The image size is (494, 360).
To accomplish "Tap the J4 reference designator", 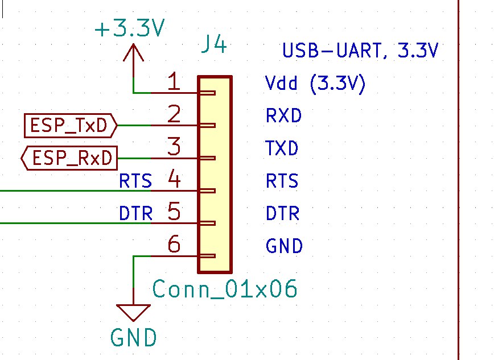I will (215, 45).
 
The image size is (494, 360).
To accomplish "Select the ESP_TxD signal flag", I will (70, 126).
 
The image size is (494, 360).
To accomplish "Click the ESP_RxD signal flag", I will (69, 158).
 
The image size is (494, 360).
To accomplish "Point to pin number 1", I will (174, 82).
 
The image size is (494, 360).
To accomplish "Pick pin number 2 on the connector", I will (174, 115).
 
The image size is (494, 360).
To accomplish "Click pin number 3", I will (174, 147).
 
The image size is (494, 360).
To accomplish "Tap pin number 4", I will (174, 180).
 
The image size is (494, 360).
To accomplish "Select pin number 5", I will (174, 213).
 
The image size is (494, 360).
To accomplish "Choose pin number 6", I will (174, 245).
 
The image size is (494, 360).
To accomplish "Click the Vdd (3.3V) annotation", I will (315, 84).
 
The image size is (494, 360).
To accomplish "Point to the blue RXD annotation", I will (283, 117).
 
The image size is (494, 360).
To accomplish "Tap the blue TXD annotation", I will (282, 149).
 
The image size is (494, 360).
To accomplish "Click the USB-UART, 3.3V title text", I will (360, 51).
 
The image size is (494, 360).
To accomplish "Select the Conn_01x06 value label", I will (225, 289).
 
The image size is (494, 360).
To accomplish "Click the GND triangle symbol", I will (133, 313).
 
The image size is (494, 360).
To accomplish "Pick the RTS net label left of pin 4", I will (135, 181).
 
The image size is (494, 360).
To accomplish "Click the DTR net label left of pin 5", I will (135, 214).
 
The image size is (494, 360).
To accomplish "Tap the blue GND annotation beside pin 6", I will (284, 247).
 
